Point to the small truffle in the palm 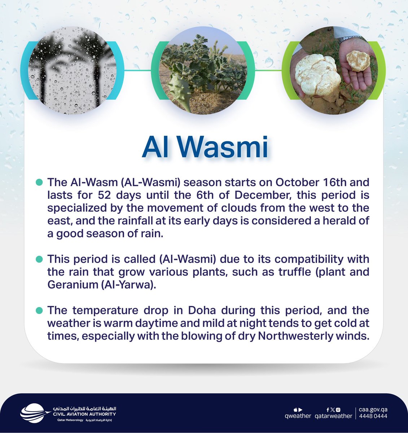358,61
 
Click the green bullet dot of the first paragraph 39,182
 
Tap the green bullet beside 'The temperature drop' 39,310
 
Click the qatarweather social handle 333,416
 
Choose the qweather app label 298,416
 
